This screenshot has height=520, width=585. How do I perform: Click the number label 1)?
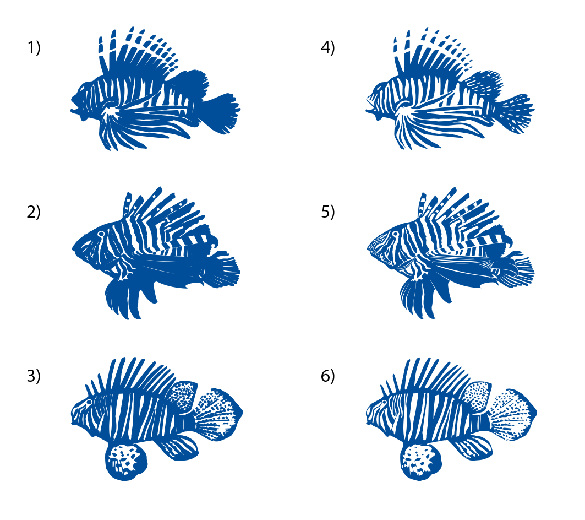click(x=34, y=48)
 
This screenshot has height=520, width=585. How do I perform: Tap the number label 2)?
click(x=34, y=212)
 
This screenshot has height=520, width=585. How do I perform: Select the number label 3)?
click(x=34, y=376)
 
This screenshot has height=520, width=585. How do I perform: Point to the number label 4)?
click(x=327, y=48)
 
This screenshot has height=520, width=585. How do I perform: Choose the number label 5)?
click(x=328, y=212)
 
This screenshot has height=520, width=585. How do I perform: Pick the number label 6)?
click(x=328, y=376)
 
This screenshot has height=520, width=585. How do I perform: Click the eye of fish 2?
click(x=101, y=234)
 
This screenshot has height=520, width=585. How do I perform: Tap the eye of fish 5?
click(x=395, y=234)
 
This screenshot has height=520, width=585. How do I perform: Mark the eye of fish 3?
click(x=89, y=402)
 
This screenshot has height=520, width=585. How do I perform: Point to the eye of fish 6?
click(x=384, y=402)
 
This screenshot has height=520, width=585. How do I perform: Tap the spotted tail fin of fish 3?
click(x=218, y=415)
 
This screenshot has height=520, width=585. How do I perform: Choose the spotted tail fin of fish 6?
click(x=512, y=415)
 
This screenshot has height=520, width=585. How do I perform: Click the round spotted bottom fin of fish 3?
click(x=126, y=462)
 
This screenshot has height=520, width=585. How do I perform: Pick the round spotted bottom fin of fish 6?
click(x=420, y=462)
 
